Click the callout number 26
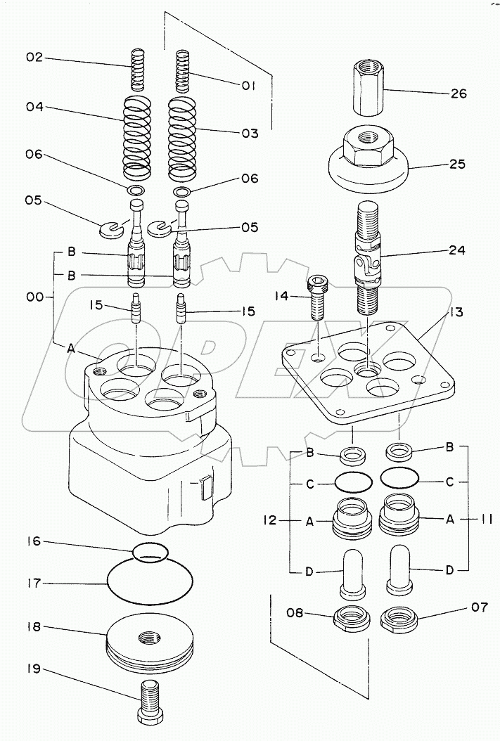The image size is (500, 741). click(x=458, y=94)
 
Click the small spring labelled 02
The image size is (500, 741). click(x=138, y=70)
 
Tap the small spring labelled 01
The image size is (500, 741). click(x=182, y=71)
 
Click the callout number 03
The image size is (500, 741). click(x=250, y=134)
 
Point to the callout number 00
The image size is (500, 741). click(x=34, y=297)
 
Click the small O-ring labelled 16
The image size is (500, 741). click(x=150, y=552)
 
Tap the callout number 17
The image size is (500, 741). click(x=34, y=583)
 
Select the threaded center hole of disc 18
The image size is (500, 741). click(x=149, y=638)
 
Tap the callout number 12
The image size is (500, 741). click(x=270, y=520)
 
